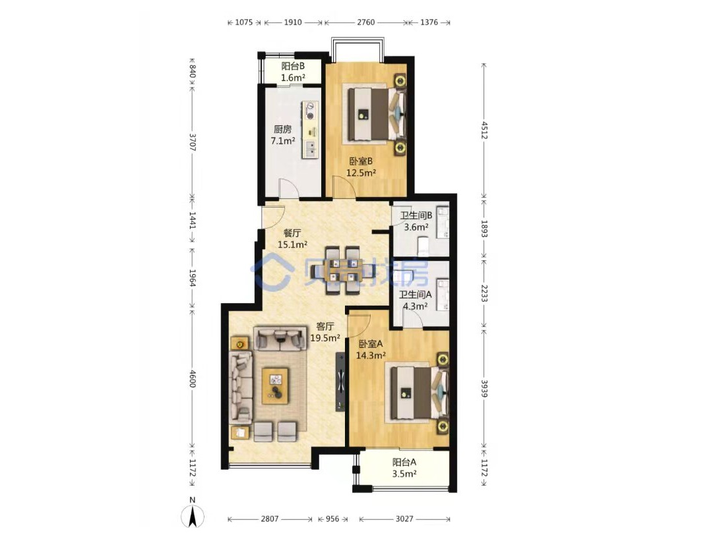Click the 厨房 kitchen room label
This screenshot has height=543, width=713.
[x=283, y=135]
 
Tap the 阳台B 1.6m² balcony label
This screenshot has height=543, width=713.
[x=293, y=72]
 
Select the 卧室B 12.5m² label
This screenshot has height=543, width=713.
[x=361, y=167]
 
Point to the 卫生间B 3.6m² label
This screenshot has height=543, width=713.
[x=416, y=221]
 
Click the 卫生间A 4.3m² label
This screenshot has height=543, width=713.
[x=415, y=300]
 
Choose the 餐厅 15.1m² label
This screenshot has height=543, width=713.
[x=292, y=239]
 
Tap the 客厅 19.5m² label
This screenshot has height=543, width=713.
[x=325, y=332]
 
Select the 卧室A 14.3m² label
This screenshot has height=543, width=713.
[x=371, y=349]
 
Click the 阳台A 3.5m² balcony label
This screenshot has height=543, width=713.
[x=404, y=468]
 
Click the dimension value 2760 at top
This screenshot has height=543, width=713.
[x=365, y=22]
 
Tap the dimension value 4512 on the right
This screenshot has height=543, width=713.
[x=484, y=130]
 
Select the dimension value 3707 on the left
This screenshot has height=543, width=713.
[x=193, y=142]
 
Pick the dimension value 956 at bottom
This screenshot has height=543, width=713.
[x=332, y=519]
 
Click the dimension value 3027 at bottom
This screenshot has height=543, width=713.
[x=404, y=519]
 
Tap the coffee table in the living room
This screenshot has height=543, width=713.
[x=275, y=386]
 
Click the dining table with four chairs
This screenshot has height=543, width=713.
[x=343, y=270]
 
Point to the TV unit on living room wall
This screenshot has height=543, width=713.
[x=340, y=382]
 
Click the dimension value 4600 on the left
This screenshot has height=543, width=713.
[x=193, y=378]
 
